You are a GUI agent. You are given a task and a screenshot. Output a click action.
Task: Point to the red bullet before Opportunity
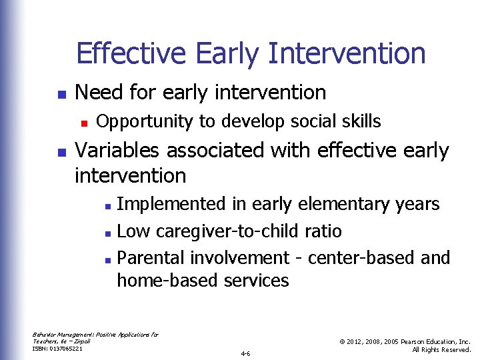(x=84, y=122)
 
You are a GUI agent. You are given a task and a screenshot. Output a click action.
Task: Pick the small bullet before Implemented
(x=109, y=205)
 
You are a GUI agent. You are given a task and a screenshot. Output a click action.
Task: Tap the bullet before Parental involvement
(x=109, y=259)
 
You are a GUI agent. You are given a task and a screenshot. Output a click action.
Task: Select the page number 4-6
(x=245, y=353)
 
